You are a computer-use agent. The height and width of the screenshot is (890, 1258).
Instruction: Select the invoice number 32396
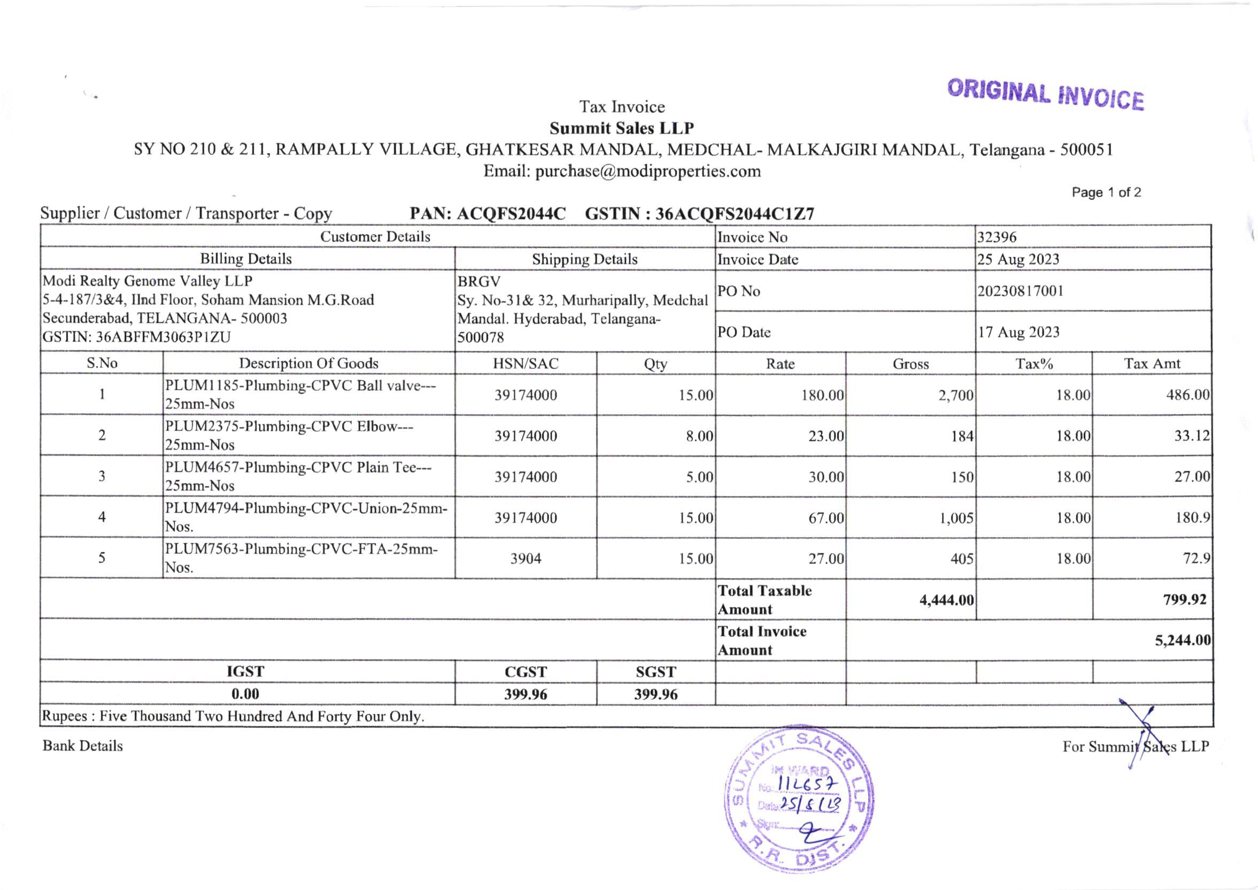click(x=997, y=237)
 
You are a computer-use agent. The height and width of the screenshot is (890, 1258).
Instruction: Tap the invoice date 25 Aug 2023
click(x=1018, y=259)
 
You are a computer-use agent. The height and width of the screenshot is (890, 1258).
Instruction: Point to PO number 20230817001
click(x=1021, y=290)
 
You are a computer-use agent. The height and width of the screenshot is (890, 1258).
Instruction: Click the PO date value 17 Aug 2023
click(x=1018, y=332)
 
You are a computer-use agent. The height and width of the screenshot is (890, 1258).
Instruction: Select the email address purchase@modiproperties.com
click(x=622, y=172)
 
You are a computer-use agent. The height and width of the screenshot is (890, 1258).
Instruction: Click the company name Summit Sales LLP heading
click(x=622, y=128)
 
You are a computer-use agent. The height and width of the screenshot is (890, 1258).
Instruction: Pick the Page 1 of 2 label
click(x=1106, y=192)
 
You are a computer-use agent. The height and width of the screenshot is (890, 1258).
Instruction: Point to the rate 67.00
click(x=825, y=518)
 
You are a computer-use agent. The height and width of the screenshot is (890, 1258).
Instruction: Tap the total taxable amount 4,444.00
click(x=946, y=600)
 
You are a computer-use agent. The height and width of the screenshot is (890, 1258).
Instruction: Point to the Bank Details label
click(x=83, y=746)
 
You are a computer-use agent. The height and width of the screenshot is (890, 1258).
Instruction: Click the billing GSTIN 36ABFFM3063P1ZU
click(x=136, y=337)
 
